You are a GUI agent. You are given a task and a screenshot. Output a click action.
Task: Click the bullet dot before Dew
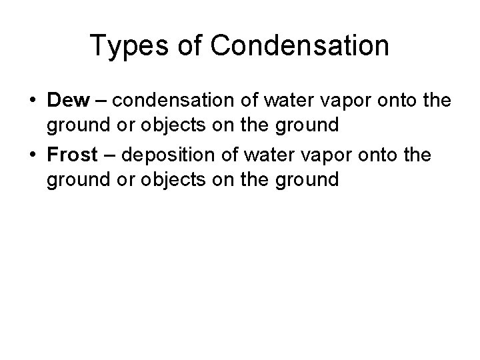(32, 101)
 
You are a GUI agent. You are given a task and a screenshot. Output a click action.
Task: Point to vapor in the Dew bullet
(341, 101)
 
